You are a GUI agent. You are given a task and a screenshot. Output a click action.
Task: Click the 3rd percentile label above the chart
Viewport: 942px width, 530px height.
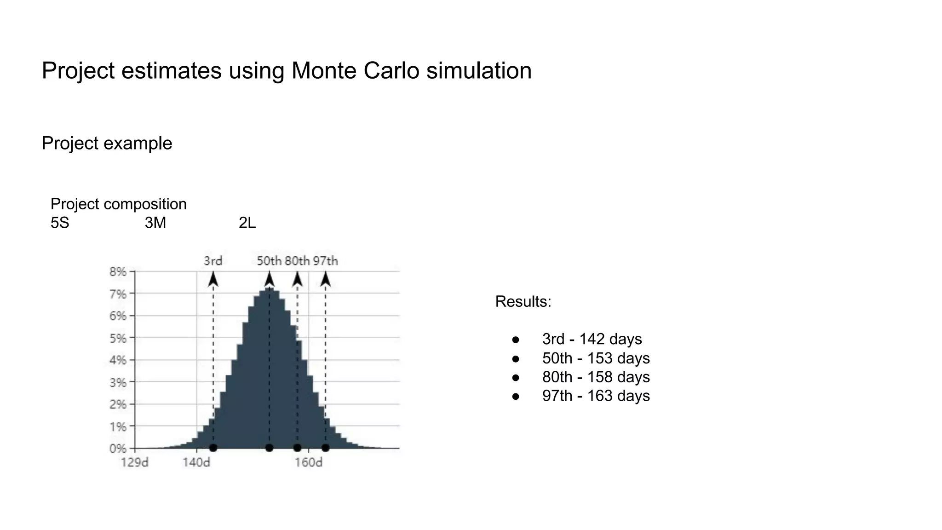pyautogui.click(x=213, y=261)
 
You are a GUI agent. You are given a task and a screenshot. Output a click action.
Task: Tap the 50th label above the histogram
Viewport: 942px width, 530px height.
pyautogui.click(x=269, y=261)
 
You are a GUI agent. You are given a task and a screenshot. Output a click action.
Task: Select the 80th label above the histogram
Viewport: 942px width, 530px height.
pyautogui.click(x=297, y=261)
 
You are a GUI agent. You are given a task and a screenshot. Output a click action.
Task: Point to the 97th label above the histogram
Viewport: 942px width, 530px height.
pyautogui.click(x=326, y=261)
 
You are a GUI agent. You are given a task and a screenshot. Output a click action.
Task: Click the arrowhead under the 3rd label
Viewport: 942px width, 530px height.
pyautogui.click(x=213, y=279)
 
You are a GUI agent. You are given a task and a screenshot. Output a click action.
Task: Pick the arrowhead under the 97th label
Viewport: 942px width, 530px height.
pyautogui.click(x=326, y=279)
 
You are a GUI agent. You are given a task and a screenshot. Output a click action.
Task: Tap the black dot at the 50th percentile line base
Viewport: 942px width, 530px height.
pyautogui.click(x=270, y=448)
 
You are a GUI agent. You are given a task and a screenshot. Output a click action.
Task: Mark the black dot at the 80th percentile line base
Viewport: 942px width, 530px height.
pyautogui.click(x=297, y=448)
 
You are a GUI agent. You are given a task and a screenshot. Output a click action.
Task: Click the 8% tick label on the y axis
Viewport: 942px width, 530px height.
pyautogui.click(x=118, y=271)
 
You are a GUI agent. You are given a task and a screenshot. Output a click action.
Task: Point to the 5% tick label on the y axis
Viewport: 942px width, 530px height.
pyautogui.click(x=118, y=338)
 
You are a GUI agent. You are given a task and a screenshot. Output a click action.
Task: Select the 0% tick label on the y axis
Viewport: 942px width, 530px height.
pyautogui.click(x=118, y=448)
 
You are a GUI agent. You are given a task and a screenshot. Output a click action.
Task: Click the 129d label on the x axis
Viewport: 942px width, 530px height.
pyautogui.click(x=135, y=462)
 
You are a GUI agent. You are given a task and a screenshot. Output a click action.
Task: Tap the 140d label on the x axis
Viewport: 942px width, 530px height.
pyautogui.click(x=196, y=462)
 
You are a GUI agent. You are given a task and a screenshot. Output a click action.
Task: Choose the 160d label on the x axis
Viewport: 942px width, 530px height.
pyautogui.click(x=309, y=462)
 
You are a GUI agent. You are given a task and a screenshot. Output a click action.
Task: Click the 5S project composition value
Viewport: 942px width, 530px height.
pyautogui.click(x=60, y=223)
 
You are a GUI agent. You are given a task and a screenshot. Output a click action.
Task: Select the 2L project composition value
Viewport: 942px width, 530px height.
pyautogui.click(x=247, y=223)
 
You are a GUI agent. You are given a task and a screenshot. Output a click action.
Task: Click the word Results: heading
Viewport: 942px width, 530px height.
pyautogui.click(x=523, y=302)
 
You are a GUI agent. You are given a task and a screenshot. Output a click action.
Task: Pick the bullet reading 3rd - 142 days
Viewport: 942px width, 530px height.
pyautogui.click(x=592, y=339)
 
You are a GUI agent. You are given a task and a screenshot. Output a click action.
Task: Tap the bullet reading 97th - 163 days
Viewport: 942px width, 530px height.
pyautogui.click(x=596, y=396)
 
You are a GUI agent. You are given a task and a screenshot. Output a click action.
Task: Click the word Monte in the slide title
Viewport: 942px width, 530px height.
pyautogui.click(x=323, y=71)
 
